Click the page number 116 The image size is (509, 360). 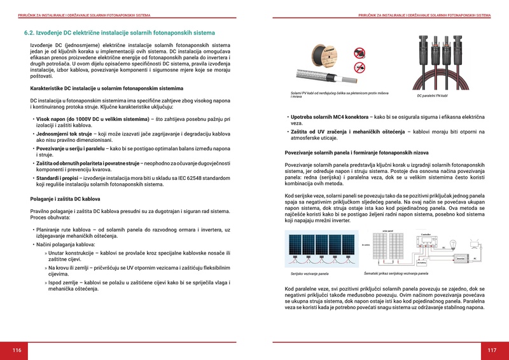click(17, 350)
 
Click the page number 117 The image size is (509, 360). click(492, 350)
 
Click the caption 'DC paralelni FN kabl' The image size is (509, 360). click(433, 96)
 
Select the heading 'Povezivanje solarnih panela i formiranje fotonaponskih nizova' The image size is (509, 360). click(356, 153)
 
